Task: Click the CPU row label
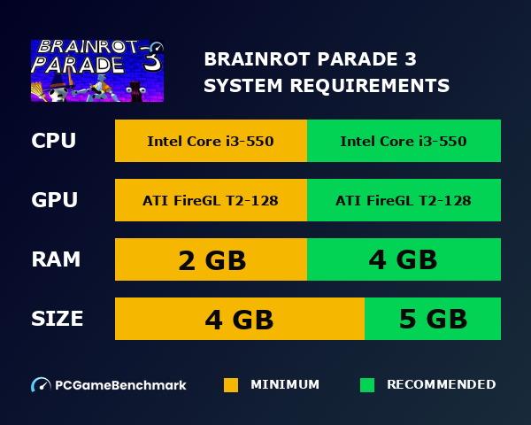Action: [53, 142]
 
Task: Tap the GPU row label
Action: [54, 201]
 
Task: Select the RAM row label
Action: [56, 259]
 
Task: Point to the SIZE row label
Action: [58, 319]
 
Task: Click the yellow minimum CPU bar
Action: [211, 142]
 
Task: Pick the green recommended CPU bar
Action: [404, 142]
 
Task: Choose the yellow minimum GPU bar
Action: [211, 201]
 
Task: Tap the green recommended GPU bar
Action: [404, 201]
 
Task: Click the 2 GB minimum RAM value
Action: [212, 260]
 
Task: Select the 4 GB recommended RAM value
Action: [404, 259]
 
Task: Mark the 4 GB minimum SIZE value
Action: [239, 319]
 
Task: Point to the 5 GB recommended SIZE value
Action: [433, 319]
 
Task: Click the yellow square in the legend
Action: [231, 385]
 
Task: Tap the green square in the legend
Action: [367, 385]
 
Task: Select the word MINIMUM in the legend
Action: [285, 385]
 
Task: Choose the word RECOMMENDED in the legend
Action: [441, 385]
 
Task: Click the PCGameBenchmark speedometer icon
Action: [41, 385]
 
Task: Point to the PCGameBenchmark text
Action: [120, 385]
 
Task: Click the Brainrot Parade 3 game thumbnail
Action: [97, 71]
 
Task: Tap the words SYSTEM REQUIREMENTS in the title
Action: [327, 86]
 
